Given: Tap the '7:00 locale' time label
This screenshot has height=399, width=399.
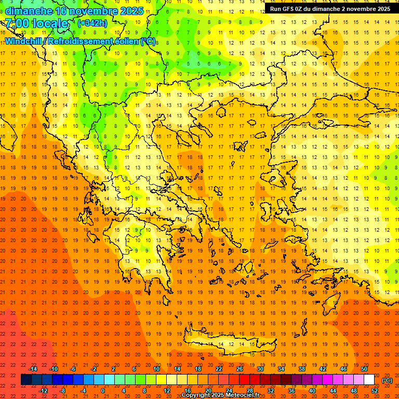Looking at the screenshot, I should click(36, 23).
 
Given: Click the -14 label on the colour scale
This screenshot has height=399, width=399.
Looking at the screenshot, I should click(33, 369).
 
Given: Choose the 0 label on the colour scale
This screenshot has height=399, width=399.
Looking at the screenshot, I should click(103, 391).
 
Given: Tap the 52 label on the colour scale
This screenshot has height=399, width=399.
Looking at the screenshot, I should click(375, 391).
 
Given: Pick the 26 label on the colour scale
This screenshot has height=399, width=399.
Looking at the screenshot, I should click(240, 369).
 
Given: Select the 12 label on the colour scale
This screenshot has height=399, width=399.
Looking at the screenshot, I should click(167, 391).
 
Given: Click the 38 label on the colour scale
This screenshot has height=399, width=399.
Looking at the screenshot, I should click(301, 369).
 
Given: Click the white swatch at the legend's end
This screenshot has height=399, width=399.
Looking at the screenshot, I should click(369, 380).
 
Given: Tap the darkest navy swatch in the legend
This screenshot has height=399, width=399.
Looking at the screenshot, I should click(26, 380).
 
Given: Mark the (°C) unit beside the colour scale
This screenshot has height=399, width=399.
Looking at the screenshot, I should click(387, 380).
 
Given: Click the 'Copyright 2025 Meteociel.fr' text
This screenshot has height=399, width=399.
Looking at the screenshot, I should click(220, 395).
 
